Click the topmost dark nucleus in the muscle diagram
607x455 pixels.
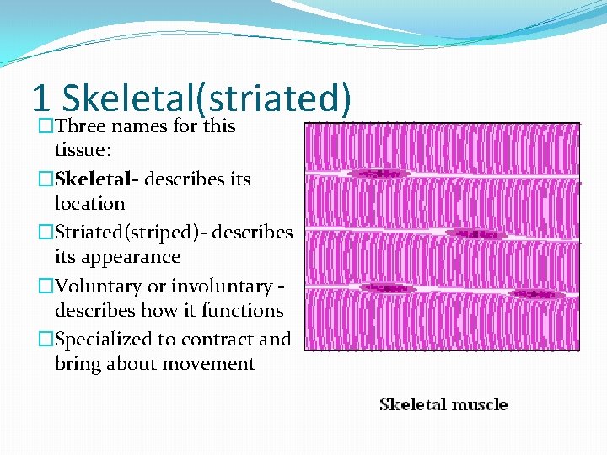click(379, 174)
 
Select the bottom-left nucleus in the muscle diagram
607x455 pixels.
click(388, 288)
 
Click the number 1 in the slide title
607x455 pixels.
click(40, 99)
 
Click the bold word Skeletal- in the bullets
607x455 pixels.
click(93, 179)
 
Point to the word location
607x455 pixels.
click(89, 204)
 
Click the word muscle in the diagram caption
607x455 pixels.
click(477, 404)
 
